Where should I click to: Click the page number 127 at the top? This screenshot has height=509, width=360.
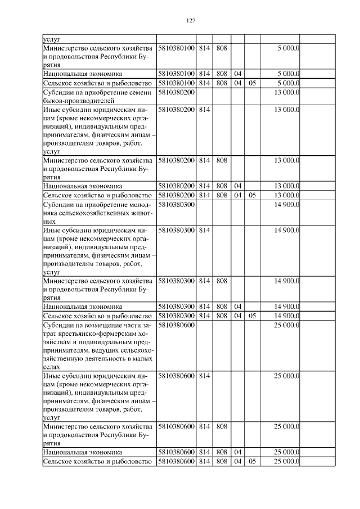tap(190, 20)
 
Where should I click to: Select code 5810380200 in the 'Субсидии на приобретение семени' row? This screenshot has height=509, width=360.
tap(176, 92)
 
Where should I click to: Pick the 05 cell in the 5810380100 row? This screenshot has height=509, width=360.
tap(252, 83)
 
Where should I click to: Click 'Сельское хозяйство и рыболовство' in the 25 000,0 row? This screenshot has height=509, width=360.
tap(98, 462)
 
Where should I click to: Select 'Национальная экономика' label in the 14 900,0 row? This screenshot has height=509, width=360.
tap(83, 307)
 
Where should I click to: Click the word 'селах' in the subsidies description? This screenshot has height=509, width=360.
tap(52, 366)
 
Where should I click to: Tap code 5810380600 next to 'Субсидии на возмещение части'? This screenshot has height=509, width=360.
tap(176, 325)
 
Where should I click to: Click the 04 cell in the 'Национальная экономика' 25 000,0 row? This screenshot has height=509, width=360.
tap(238, 452)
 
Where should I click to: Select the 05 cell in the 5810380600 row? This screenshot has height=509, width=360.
tap(252, 462)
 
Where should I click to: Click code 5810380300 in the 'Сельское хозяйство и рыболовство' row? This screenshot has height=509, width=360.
tap(176, 316)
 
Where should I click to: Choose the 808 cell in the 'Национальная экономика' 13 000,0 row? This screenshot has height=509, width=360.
tap(222, 185)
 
